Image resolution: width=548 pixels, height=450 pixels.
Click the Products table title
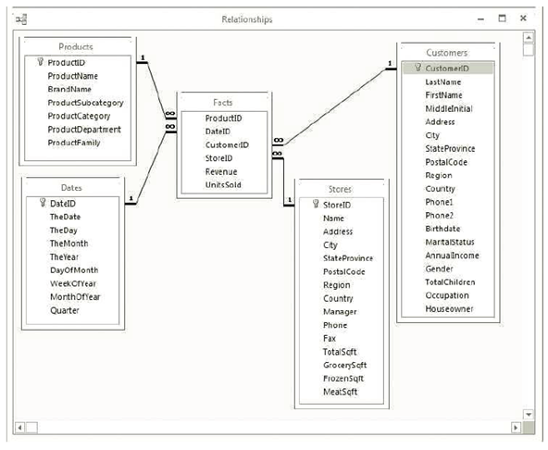click(x=76, y=46)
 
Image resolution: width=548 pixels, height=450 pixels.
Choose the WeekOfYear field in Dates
click(x=75, y=283)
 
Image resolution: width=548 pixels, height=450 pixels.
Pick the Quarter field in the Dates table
click(x=65, y=310)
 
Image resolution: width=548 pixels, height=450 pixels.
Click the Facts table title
click(x=222, y=101)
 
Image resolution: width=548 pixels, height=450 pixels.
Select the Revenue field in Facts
click(x=220, y=170)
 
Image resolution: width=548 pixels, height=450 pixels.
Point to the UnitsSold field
click(x=223, y=184)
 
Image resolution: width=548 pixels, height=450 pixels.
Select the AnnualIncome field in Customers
click(x=452, y=255)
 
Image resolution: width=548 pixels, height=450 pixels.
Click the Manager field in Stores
click(x=340, y=312)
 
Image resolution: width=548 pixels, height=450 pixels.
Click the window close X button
click(x=524, y=18)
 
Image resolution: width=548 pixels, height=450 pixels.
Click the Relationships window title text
click(x=247, y=19)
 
